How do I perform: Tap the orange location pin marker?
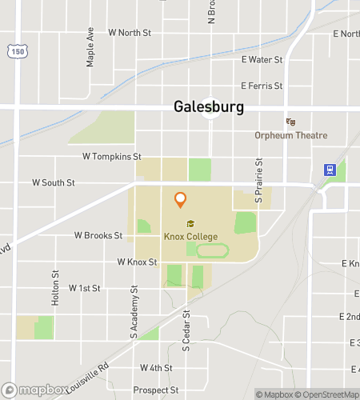pos(181,199)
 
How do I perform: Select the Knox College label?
pos(190,236)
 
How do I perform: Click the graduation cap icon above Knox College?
pos(190,223)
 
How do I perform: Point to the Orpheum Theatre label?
pos(291,135)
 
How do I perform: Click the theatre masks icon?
pos(291,122)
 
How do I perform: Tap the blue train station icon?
pos(328,170)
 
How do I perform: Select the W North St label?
pos(130,33)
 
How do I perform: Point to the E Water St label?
pos(262,59)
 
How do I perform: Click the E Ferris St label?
pos(262,86)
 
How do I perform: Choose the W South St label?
pos(54,182)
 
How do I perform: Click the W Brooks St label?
pos(98,236)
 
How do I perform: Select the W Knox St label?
pos(137,262)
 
